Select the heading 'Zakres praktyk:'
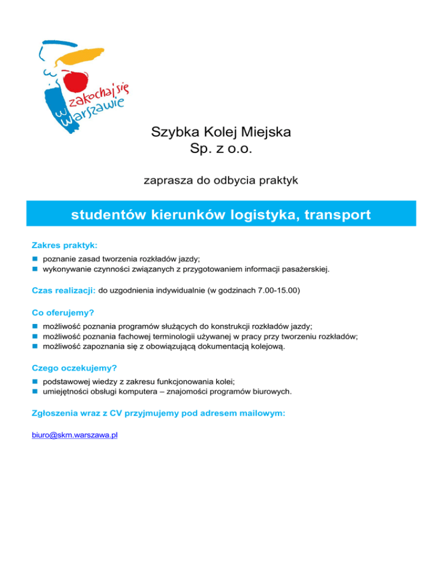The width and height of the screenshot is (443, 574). [65, 245]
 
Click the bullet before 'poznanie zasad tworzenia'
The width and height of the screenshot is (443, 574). [35, 260]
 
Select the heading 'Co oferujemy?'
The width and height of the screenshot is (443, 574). [63, 312]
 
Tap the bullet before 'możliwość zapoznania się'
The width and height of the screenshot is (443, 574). [35, 347]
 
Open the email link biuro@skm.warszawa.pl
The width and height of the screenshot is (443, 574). [75, 435]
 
